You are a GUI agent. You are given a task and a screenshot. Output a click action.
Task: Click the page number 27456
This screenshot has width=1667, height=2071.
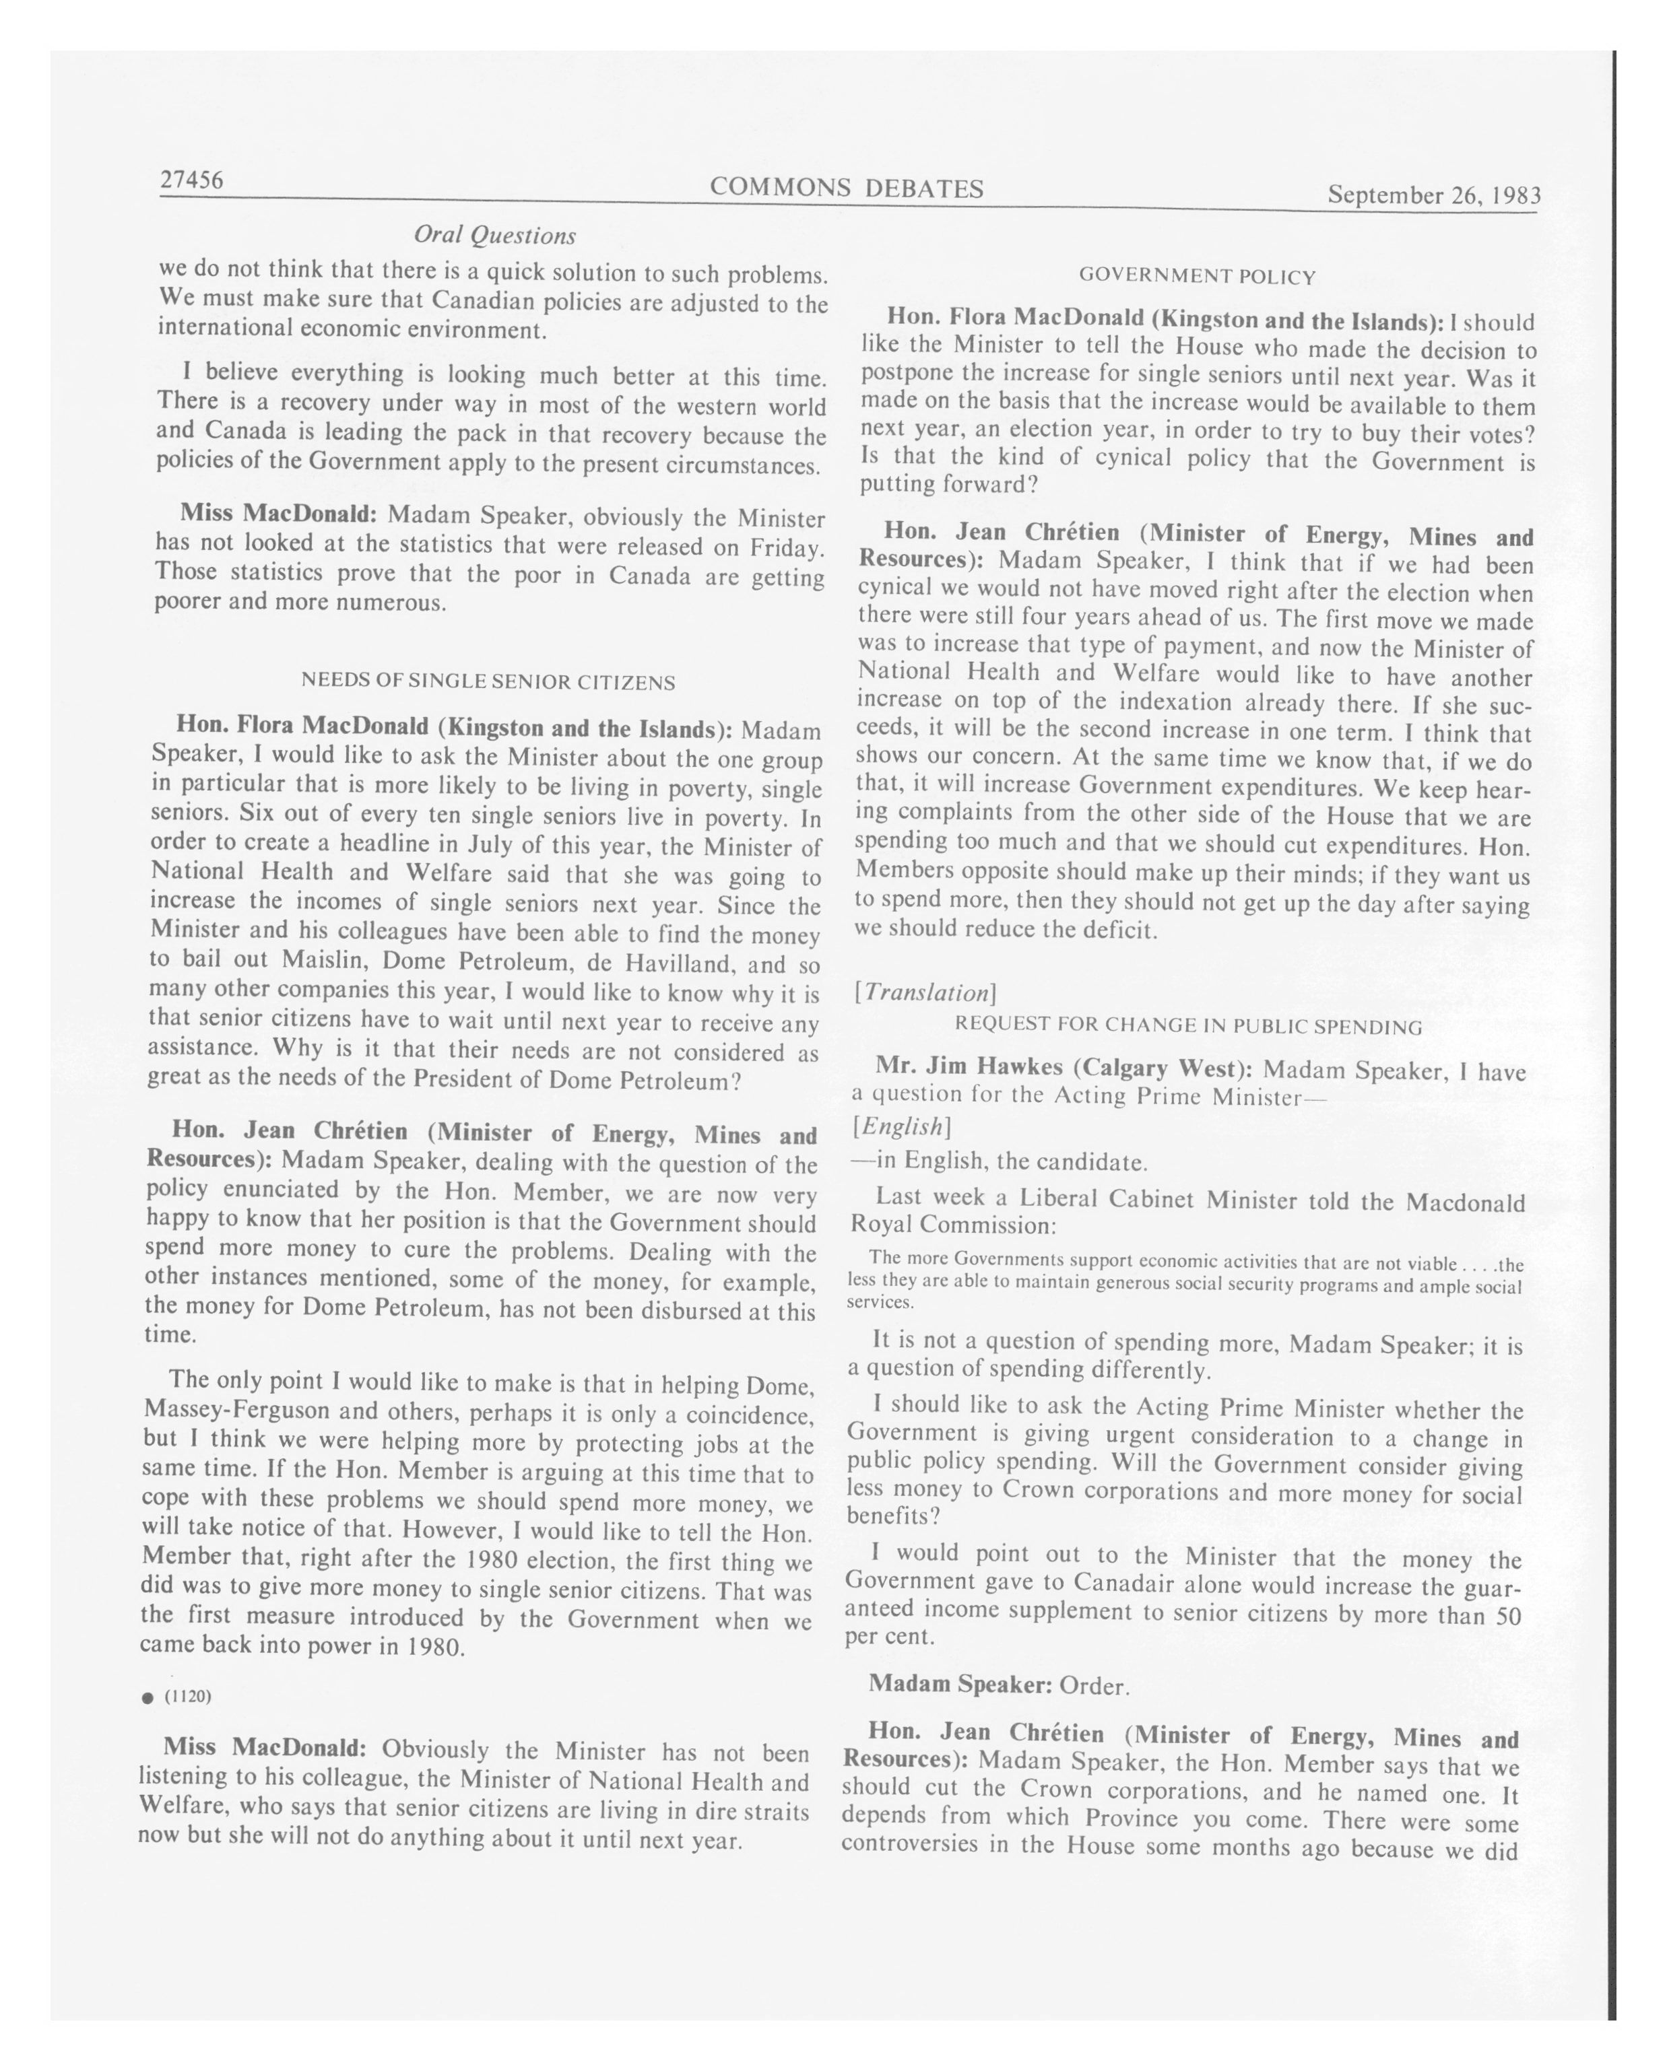click(191, 180)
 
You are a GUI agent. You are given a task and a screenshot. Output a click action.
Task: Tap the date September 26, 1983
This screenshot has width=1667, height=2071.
click(1433, 195)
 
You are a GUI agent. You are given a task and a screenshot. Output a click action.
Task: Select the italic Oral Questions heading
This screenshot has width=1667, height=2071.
click(494, 236)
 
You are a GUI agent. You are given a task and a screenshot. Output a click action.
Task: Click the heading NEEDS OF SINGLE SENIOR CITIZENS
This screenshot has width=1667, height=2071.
click(488, 682)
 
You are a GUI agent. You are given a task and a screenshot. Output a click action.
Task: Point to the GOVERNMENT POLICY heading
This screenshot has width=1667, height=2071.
click(1196, 277)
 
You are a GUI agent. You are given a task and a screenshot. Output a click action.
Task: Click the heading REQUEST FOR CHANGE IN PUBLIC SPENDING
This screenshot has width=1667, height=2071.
click(1187, 1026)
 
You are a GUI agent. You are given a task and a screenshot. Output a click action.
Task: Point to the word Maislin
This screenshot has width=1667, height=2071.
click(320, 959)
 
